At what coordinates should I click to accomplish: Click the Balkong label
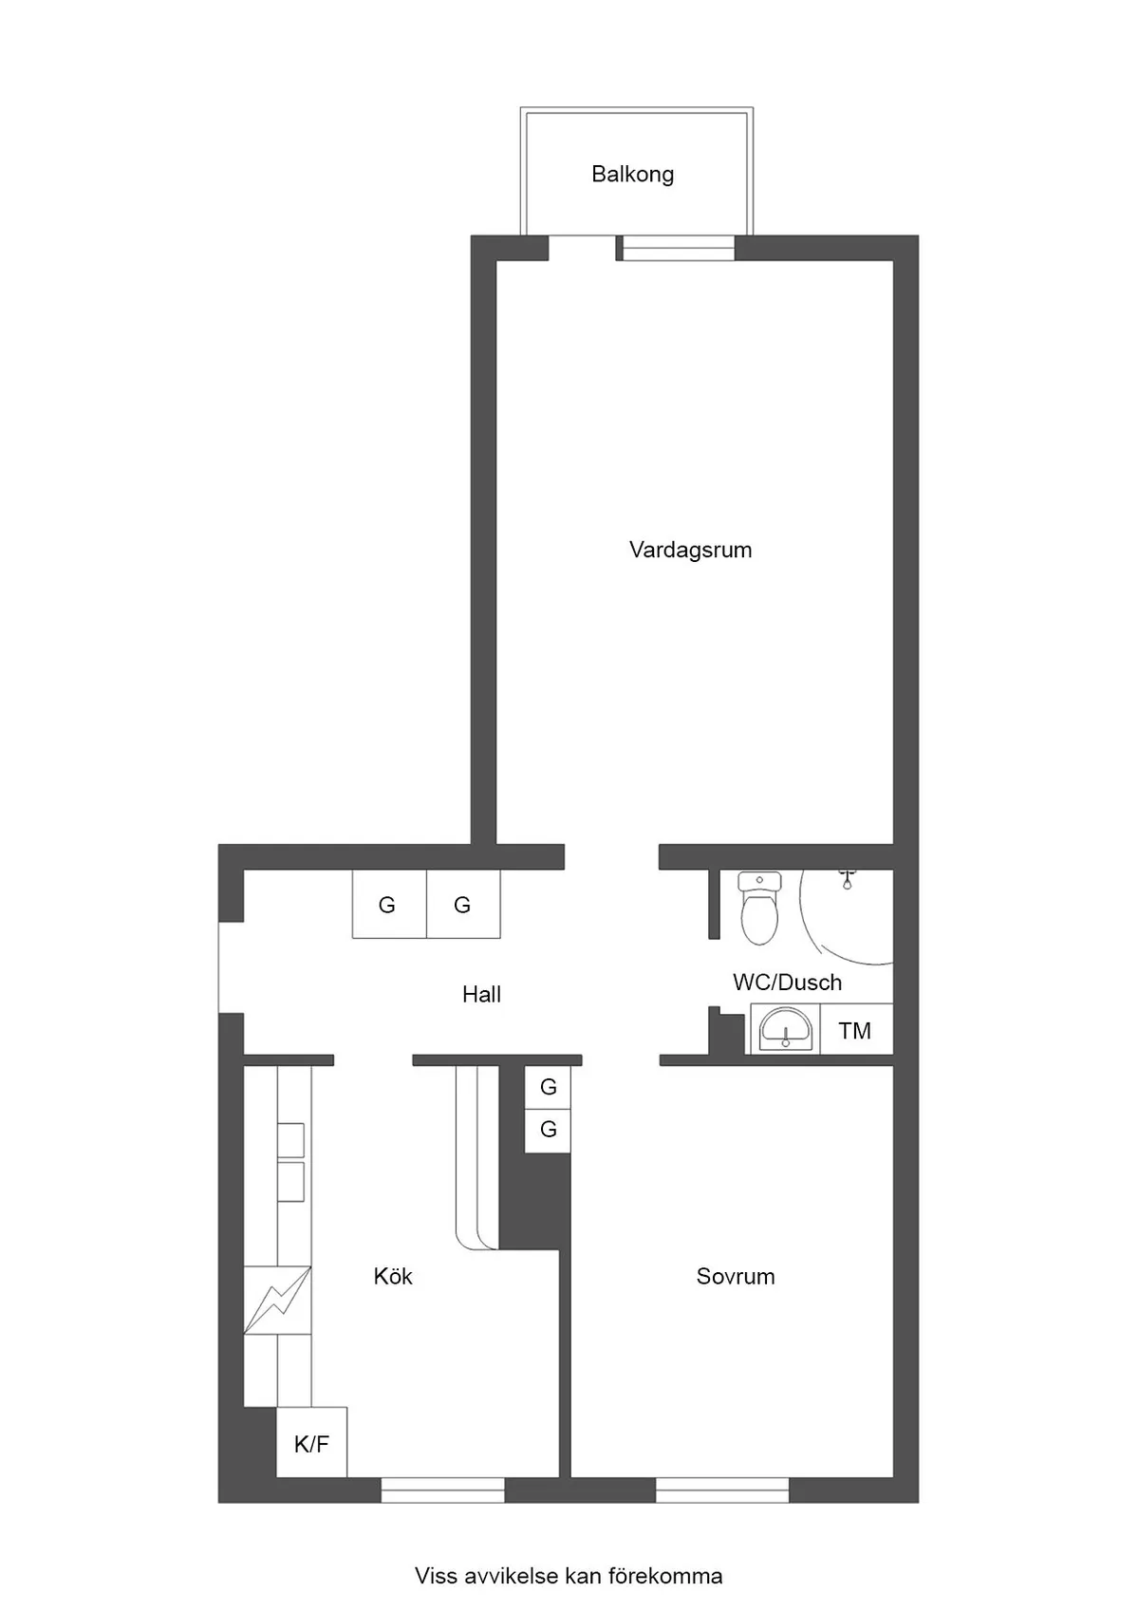[x=633, y=175]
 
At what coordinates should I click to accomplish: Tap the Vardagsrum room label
[x=690, y=551]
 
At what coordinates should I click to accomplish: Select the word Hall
[x=482, y=995]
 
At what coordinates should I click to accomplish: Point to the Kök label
[x=393, y=1276]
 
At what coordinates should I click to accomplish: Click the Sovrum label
[x=736, y=1277]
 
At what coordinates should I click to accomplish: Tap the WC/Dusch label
[x=788, y=983]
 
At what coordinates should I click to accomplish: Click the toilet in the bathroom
[x=759, y=908]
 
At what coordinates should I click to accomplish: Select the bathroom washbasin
[x=785, y=1029]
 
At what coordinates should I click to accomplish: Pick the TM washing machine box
[x=856, y=1029]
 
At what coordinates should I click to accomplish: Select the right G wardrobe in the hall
[x=463, y=904]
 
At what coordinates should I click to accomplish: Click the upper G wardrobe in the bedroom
[x=548, y=1087]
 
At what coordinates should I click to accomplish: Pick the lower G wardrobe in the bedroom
[x=548, y=1131]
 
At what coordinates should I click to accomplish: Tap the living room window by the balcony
[x=678, y=248]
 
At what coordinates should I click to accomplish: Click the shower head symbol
[x=847, y=879]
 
